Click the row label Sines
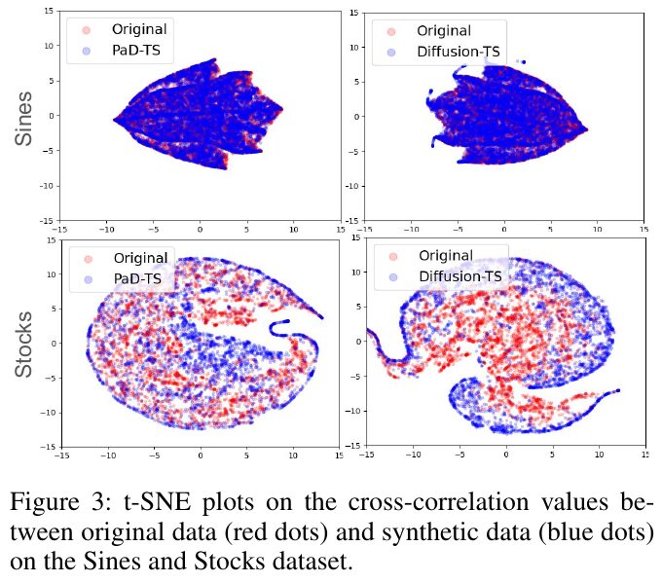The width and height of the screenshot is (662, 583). (24, 119)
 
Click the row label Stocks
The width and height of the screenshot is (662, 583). (24, 345)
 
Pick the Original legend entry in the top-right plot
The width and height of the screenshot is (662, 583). (443, 30)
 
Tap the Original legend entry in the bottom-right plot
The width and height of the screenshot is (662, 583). (446, 255)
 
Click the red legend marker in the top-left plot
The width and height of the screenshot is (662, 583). (86, 30)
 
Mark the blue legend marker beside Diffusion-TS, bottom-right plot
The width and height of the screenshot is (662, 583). (393, 276)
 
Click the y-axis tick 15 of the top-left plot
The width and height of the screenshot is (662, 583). (50, 11)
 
